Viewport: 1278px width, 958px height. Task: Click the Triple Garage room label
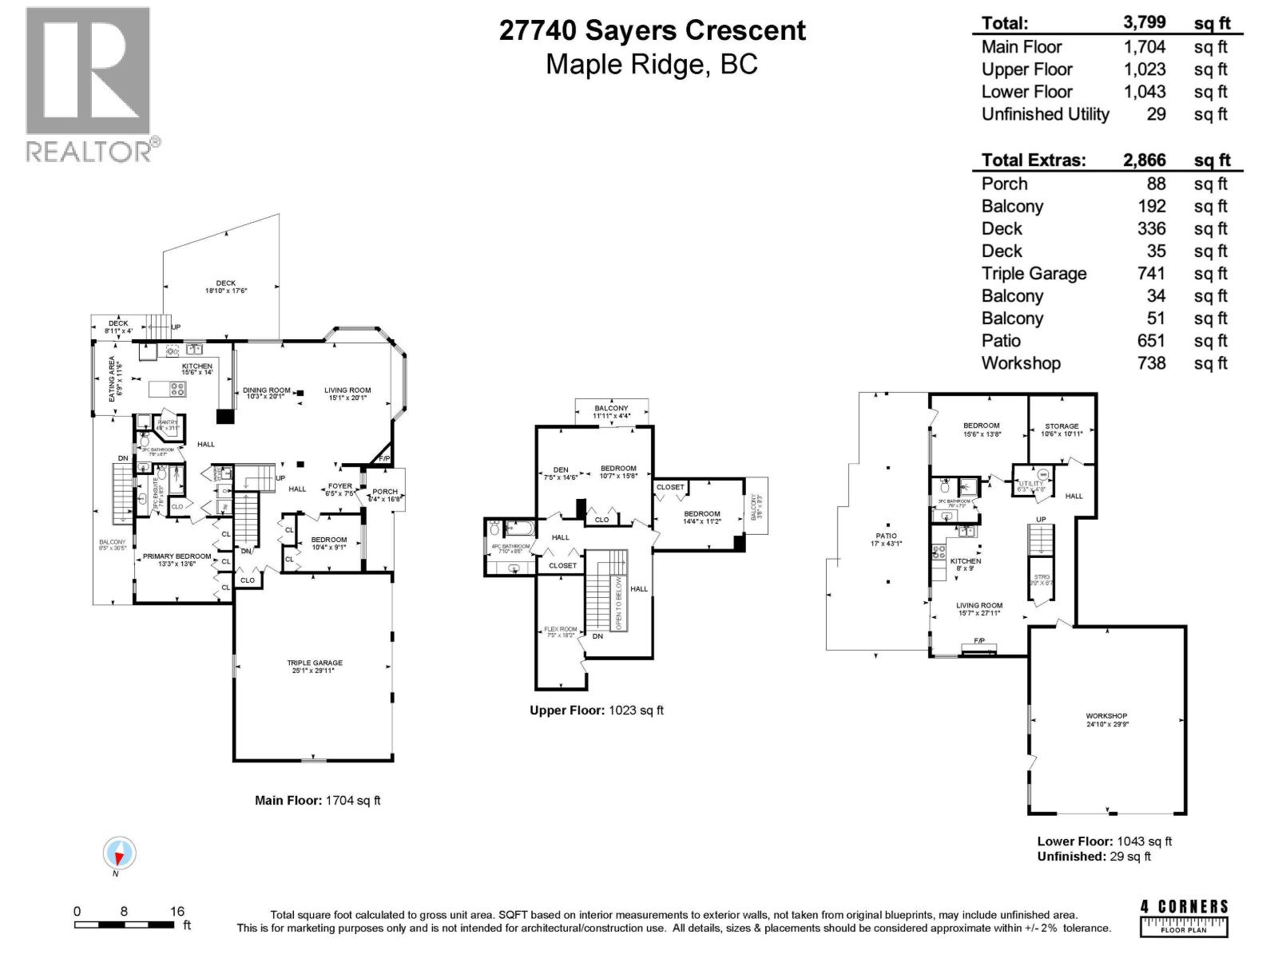point(315,663)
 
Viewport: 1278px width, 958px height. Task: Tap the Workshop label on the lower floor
point(1106,716)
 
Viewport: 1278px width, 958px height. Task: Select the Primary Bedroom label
point(177,556)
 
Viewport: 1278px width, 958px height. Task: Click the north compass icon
point(119,855)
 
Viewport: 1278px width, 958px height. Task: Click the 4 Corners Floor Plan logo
point(1184,918)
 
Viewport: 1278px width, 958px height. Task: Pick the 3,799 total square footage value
point(1144,23)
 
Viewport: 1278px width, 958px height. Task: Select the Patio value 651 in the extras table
point(1151,341)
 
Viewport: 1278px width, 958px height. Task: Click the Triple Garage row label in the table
point(1034,274)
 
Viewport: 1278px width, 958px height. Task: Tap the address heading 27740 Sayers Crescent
point(652,30)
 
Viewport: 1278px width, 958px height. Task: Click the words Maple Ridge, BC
point(652,65)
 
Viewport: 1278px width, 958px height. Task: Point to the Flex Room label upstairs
point(560,629)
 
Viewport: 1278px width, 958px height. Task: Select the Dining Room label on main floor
point(266,390)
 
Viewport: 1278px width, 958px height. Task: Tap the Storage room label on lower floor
point(1062,426)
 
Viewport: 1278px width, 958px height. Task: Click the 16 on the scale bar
point(177,911)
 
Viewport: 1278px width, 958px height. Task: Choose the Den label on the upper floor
point(561,469)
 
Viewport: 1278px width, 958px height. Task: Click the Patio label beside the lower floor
point(886,536)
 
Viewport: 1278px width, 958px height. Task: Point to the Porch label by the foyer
point(385,492)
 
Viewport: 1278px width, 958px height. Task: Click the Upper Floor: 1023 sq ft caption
point(597,710)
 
